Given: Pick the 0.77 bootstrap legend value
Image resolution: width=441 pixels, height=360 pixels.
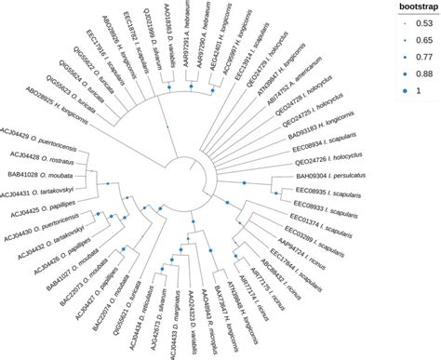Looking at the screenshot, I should pyautogui.click(x=419, y=57).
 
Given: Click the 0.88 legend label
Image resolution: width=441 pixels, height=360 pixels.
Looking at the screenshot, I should pyautogui.click(x=419, y=73).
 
